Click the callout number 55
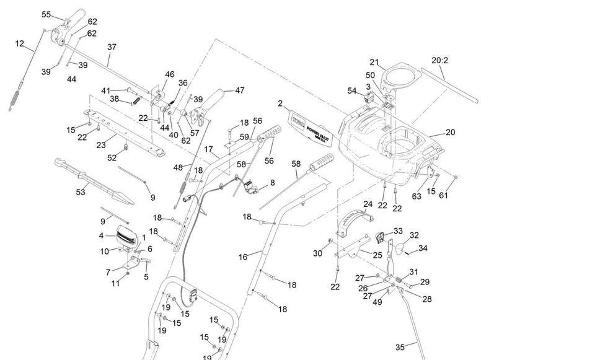46,14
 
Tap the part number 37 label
112,46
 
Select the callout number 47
239,90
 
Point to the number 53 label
81,192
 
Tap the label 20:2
439,60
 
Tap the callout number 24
368,204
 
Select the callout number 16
243,256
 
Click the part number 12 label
20,43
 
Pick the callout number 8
272,183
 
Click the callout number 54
352,91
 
